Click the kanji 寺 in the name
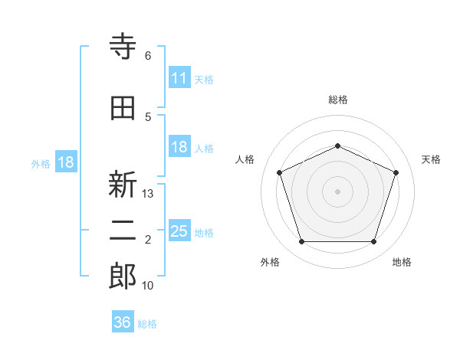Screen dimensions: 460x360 click(x=123, y=46)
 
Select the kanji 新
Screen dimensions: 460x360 click(x=123, y=184)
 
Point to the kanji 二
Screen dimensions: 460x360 click(x=123, y=231)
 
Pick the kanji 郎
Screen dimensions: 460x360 click(x=123, y=276)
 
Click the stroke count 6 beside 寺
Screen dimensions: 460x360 click(x=148, y=56)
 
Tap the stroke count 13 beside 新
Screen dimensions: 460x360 click(x=147, y=194)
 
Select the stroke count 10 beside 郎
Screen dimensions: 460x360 click(x=147, y=286)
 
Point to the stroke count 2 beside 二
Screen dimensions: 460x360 click(x=148, y=240)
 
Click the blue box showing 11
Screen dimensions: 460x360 click(x=179, y=77)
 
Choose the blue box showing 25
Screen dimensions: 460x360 click(x=179, y=230)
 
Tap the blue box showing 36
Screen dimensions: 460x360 click(x=123, y=321)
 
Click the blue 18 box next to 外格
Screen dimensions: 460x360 click(x=66, y=162)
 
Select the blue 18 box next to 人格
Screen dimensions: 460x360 click(x=179, y=146)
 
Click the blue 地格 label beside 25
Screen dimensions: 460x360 click(x=204, y=233)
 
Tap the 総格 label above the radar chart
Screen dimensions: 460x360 click(x=338, y=100)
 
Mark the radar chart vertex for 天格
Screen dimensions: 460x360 click(x=396, y=172)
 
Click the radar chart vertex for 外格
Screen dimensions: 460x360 click(x=302, y=242)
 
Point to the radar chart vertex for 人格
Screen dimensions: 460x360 click(x=280, y=172)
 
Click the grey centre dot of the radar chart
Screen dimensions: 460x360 click(x=337, y=191)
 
